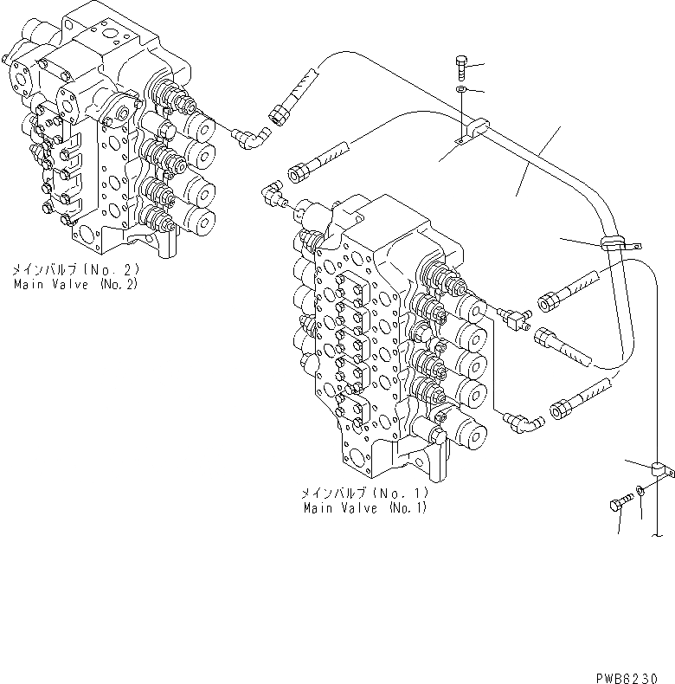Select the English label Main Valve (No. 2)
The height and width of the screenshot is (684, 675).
(75, 285)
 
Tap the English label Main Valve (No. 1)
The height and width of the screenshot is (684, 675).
(364, 508)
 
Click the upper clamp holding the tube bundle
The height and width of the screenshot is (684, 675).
(470, 131)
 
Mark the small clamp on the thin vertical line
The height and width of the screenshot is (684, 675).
(662, 469)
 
